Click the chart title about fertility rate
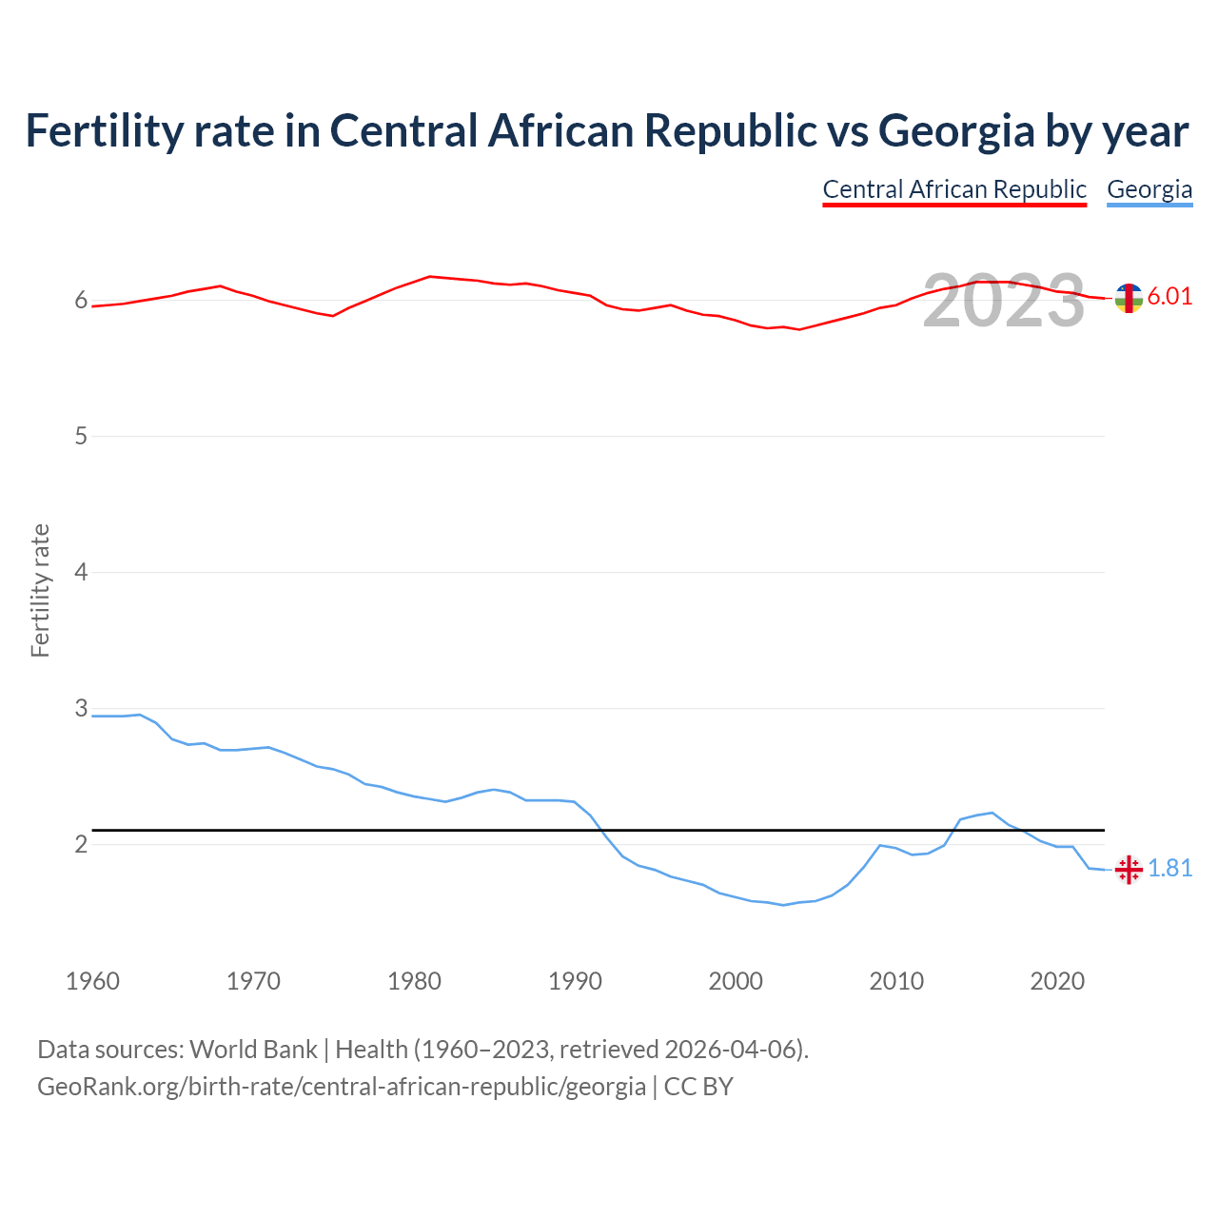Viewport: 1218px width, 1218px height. tap(607, 131)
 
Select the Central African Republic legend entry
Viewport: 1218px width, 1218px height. tap(954, 189)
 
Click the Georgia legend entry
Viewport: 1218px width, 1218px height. tap(1149, 189)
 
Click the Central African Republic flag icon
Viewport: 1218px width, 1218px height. tap(1129, 298)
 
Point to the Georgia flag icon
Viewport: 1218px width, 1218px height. tap(1129, 869)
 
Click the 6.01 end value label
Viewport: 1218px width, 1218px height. tap(1169, 297)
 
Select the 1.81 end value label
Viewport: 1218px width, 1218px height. tap(1169, 869)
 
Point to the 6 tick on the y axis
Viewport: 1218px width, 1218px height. tap(81, 301)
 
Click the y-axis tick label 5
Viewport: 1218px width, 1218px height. tap(81, 437)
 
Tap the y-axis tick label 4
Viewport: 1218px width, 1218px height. tap(81, 573)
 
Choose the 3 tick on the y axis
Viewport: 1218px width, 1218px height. tap(81, 709)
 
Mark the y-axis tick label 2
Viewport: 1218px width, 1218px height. tap(81, 845)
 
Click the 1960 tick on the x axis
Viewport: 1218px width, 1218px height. tap(92, 981)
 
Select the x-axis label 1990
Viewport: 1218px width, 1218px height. tap(575, 981)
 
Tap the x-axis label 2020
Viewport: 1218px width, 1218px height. tap(1057, 981)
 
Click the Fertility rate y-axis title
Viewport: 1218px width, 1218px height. tap(40, 590)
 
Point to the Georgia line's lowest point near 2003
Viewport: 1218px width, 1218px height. tap(783, 905)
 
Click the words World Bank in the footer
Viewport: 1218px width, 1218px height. tap(253, 1050)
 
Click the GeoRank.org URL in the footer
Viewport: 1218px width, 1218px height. tap(342, 1087)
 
